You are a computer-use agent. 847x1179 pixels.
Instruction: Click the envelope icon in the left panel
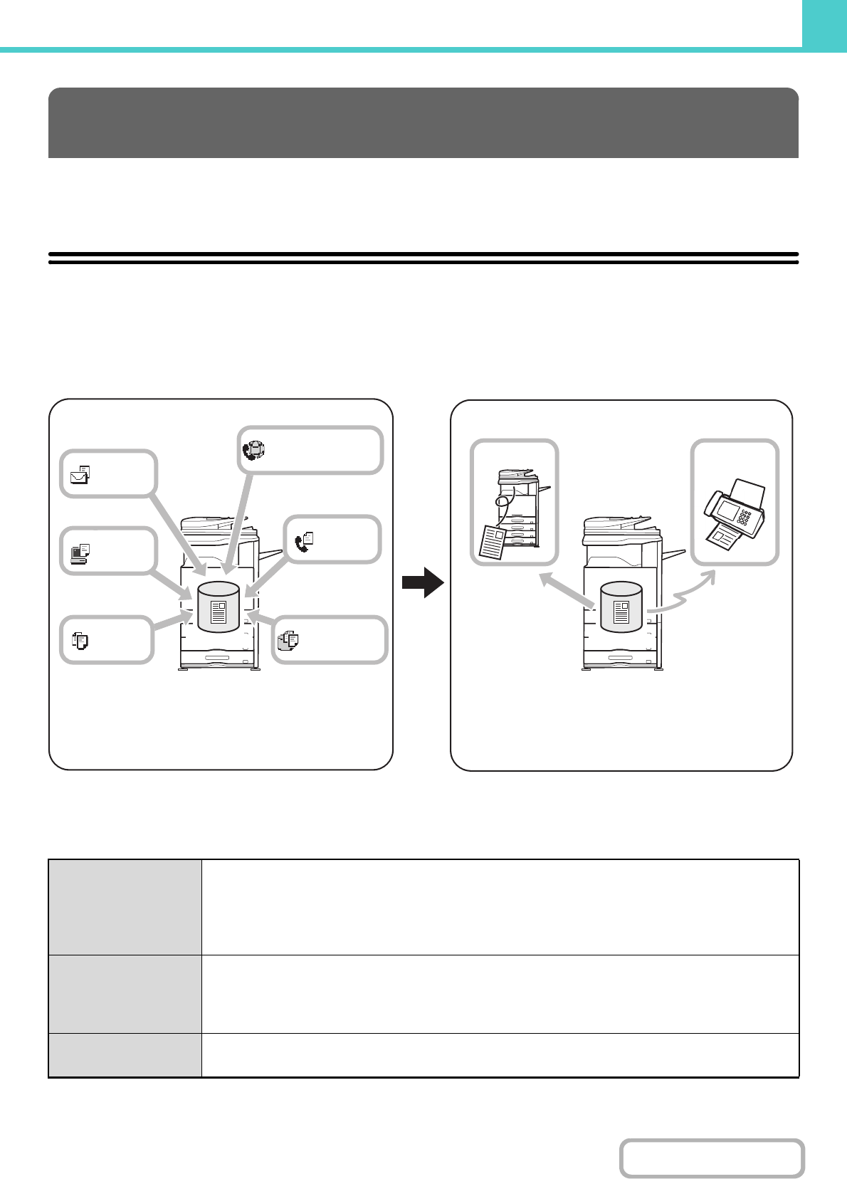(80, 474)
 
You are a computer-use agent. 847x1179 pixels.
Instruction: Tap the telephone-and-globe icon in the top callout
(253, 449)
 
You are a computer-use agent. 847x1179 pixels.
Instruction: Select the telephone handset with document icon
(303, 541)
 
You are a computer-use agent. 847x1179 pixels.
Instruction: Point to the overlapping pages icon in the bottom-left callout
(80, 640)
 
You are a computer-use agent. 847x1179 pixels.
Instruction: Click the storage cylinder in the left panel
(218, 607)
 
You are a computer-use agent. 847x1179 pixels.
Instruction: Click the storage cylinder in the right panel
(621, 607)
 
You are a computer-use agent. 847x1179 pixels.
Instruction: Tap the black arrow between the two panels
(423, 582)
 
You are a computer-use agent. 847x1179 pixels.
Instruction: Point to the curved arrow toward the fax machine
(684, 595)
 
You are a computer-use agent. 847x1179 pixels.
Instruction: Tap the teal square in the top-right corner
(824, 23)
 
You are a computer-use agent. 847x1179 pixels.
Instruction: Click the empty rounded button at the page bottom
(712, 1158)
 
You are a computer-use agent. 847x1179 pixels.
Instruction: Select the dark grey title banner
(423, 122)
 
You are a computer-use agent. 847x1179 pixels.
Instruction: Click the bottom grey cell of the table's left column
(125, 1054)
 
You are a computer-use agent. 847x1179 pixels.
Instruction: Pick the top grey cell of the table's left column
(125, 907)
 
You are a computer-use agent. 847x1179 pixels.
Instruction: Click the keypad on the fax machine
(745, 518)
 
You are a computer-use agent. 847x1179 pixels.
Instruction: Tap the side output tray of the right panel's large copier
(675, 552)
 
